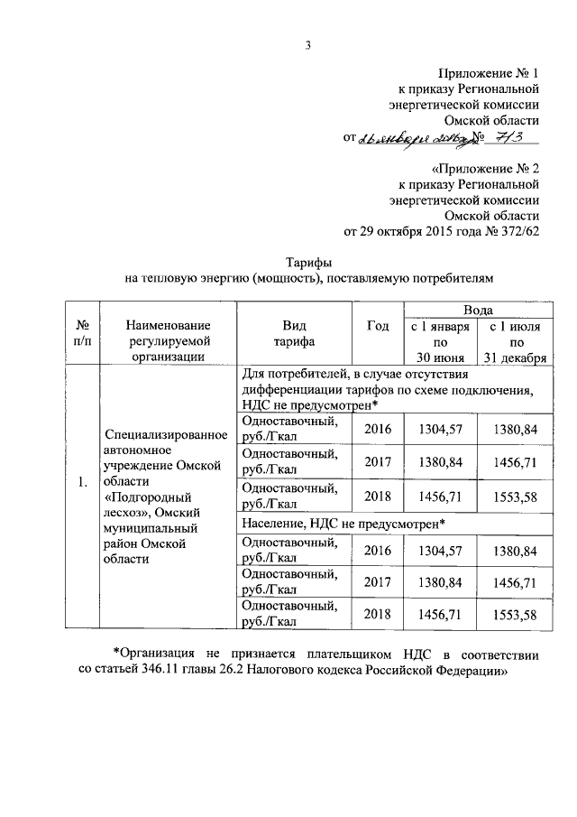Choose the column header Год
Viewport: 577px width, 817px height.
click(379, 326)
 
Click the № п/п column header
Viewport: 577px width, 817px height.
click(82, 334)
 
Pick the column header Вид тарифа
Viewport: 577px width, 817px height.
click(295, 334)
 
